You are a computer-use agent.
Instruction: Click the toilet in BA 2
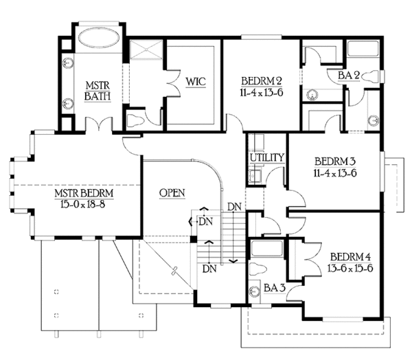coord(371,76)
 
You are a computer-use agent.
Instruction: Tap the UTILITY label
coord(266,158)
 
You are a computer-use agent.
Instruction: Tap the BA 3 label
coord(275,289)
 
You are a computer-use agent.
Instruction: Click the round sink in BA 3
coord(255,291)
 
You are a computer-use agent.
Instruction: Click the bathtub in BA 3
coord(268,247)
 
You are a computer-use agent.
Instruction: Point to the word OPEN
coord(172,193)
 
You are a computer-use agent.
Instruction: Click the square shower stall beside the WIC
coord(146,51)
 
